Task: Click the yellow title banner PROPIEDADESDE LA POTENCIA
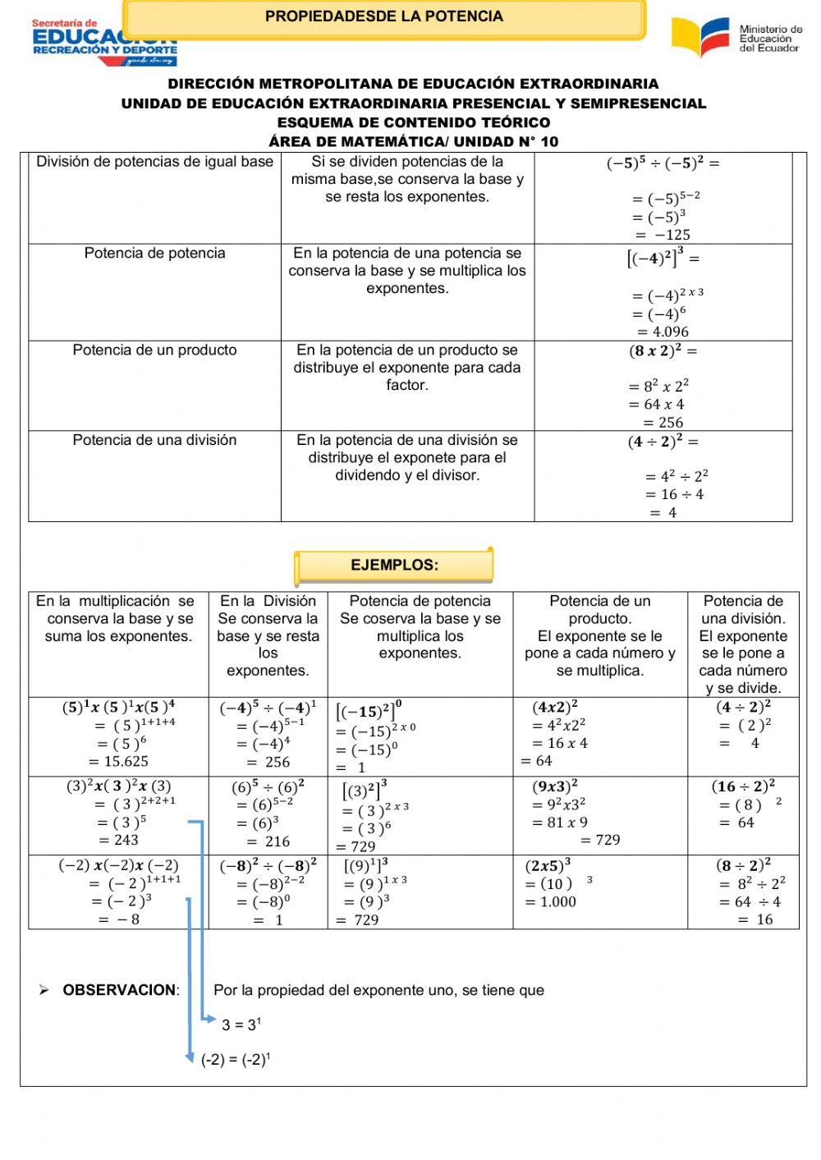[x=384, y=16]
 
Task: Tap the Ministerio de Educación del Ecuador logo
[x=736, y=37]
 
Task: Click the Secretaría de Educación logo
[x=104, y=41]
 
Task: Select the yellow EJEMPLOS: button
[x=394, y=565]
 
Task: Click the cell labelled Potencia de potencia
[x=154, y=254]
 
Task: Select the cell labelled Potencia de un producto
[x=154, y=351]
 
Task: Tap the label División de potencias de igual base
[x=154, y=163]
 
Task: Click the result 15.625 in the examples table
[x=120, y=761]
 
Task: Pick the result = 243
[x=119, y=840]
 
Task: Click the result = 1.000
[x=551, y=901]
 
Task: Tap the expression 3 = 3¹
[x=241, y=1025]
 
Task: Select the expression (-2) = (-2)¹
[x=236, y=1060]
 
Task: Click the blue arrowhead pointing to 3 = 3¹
[x=211, y=1019]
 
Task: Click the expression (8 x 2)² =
[x=663, y=351]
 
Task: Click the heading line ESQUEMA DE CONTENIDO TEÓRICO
[x=414, y=122]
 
